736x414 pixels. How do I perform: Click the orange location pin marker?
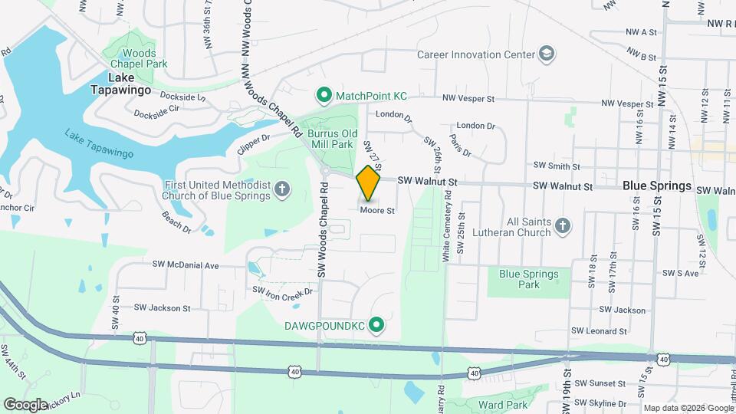click(x=369, y=182)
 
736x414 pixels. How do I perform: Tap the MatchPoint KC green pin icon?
click(x=324, y=96)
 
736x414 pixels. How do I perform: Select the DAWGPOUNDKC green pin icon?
click(x=376, y=326)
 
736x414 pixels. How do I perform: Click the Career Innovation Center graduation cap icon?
click(x=547, y=54)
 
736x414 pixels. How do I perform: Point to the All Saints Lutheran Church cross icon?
click(x=563, y=225)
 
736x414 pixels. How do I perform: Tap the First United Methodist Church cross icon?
click(x=282, y=189)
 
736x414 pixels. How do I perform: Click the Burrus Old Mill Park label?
click(x=330, y=139)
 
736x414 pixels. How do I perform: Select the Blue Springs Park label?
click(x=529, y=279)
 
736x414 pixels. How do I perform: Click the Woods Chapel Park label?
click(x=133, y=58)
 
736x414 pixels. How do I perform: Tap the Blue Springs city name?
click(x=657, y=186)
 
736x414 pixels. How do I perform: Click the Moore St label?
click(x=377, y=210)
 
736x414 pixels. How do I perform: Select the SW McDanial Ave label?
click(x=186, y=265)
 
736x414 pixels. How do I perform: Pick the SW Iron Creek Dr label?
click(x=284, y=291)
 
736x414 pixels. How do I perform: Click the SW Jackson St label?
click(x=162, y=308)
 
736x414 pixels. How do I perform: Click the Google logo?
click(x=26, y=404)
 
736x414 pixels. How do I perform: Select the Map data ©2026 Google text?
click(x=687, y=408)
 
